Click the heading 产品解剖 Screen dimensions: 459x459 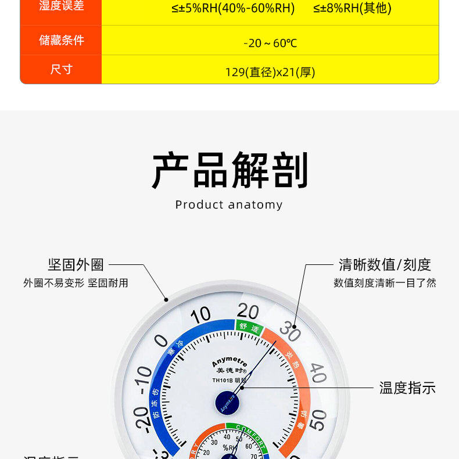[x=229, y=171]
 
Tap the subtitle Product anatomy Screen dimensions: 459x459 [x=229, y=205]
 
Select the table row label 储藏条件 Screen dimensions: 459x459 [x=61, y=40]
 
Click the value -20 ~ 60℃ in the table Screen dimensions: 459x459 [x=270, y=43]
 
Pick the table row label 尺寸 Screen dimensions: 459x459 [x=61, y=69]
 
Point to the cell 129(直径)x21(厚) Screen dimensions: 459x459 [x=270, y=72]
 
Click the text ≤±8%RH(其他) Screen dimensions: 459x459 [x=352, y=8]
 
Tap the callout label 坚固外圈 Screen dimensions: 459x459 [x=76, y=265]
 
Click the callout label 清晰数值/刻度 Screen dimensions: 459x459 [x=385, y=265]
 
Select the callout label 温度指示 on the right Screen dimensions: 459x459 [x=407, y=388]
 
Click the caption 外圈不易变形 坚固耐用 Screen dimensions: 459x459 [x=76, y=283]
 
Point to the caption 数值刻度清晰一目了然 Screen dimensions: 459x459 [x=385, y=283]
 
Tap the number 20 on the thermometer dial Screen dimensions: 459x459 [x=248, y=311]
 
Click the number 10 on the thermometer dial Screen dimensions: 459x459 [x=200, y=315]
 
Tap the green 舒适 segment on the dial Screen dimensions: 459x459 [x=249, y=328]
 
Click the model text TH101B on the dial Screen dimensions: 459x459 [x=223, y=381]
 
